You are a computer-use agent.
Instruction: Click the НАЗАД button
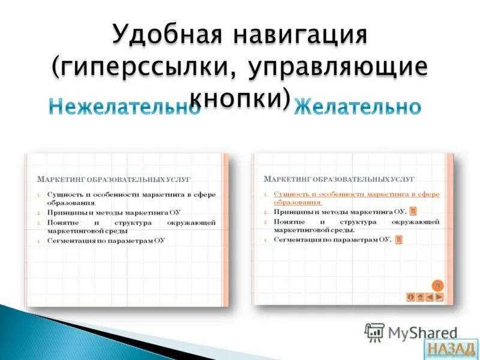pyautogui.click(x=451, y=349)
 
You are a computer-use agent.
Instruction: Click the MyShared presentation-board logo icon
pyautogui.click(x=374, y=332)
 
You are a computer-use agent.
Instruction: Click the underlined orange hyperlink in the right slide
pyautogui.click(x=356, y=198)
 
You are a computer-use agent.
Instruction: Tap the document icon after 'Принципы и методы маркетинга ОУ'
pyautogui.click(x=413, y=212)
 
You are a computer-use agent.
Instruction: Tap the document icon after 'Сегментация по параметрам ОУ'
pyautogui.click(x=398, y=239)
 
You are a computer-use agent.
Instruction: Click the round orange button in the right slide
pyautogui.click(x=438, y=285)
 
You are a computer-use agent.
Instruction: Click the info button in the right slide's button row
pyautogui.click(x=411, y=296)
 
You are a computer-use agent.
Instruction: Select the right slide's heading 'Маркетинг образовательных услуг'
pyautogui.click(x=339, y=179)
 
